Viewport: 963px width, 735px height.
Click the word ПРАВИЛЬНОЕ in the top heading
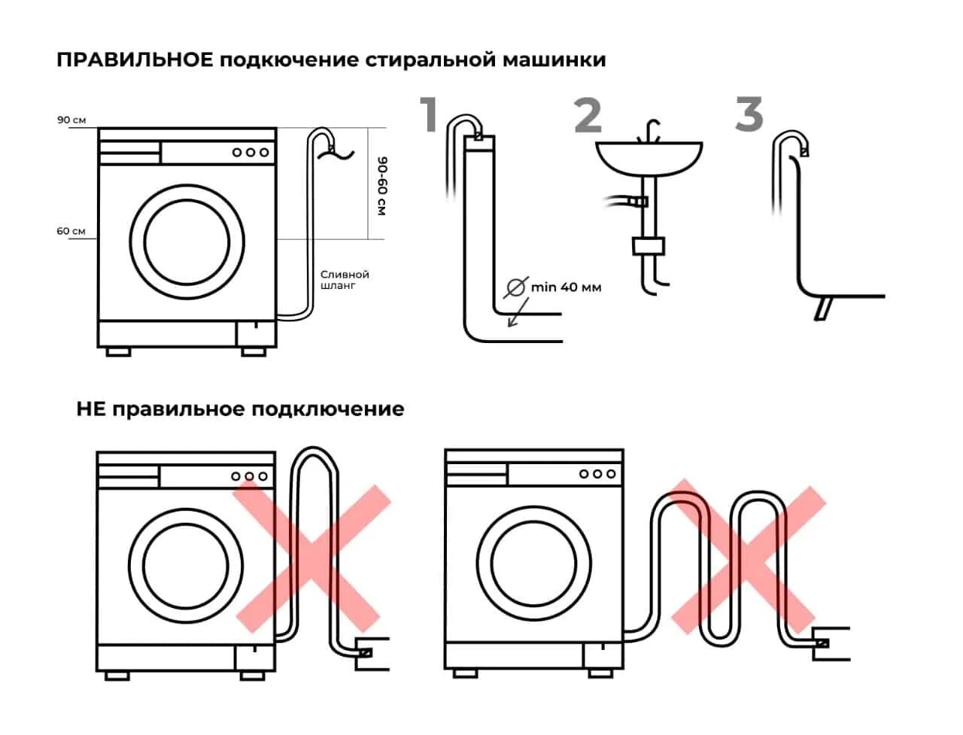[135, 59]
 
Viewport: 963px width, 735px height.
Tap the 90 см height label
[71, 120]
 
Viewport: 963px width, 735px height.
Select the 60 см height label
[71, 231]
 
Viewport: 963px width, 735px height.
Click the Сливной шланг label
[345, 280]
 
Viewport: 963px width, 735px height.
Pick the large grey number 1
[430, 115]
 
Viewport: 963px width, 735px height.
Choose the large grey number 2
[588, 115]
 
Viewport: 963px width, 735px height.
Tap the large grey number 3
[749, 115]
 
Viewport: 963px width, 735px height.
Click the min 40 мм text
[567, 287]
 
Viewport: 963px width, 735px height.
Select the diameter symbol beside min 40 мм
[516, 287]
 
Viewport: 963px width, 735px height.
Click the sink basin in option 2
[649, 159]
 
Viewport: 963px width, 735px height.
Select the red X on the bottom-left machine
[311, 557]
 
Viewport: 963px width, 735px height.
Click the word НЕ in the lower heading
[90, 409]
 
